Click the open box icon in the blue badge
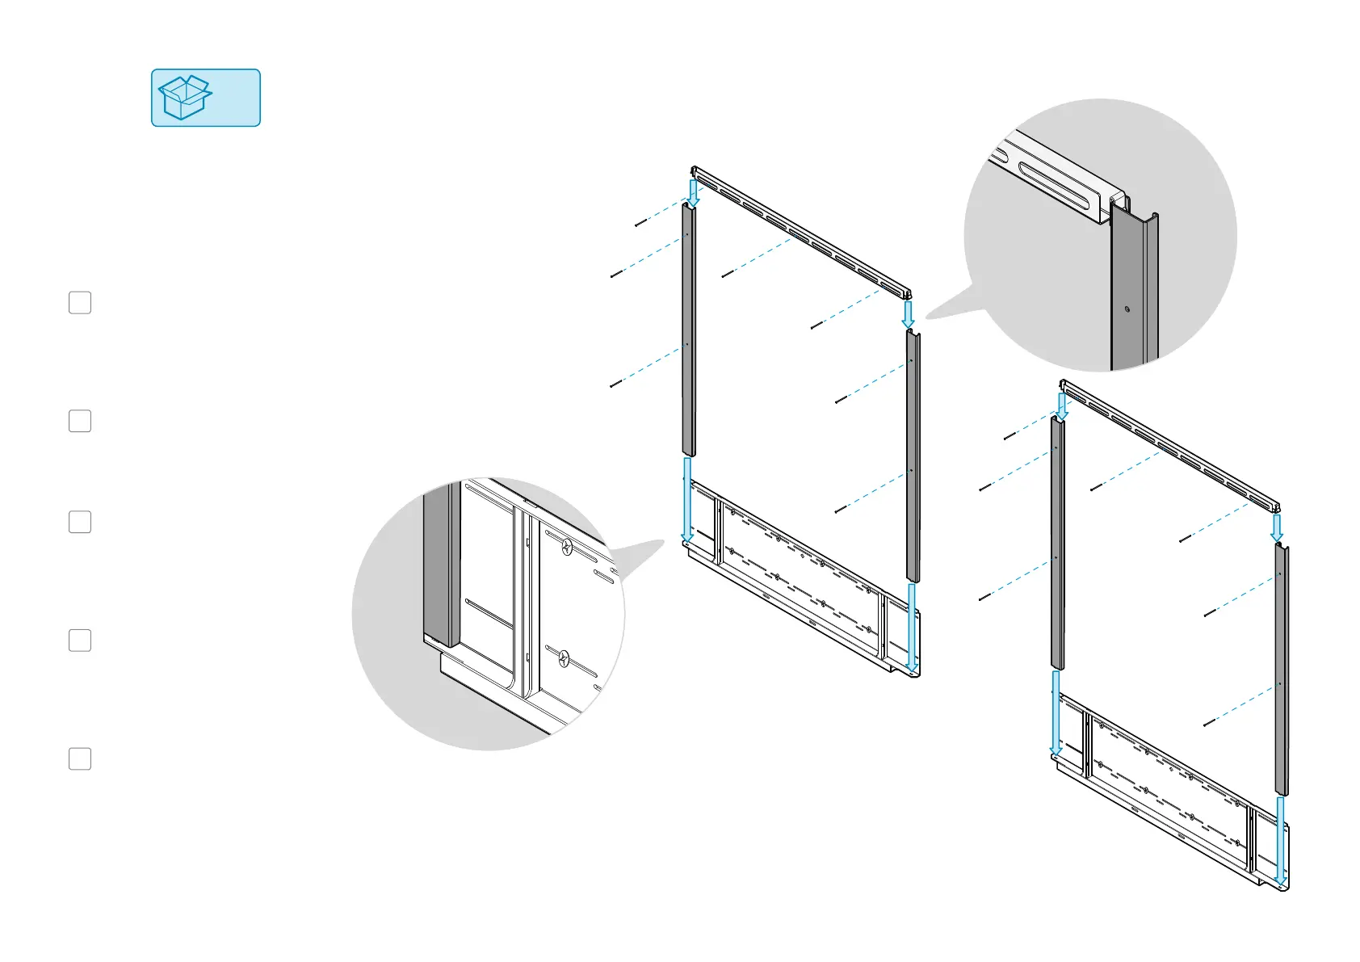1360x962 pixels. click(x=185, y=98)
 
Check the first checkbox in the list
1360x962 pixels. click(x=80, y=303)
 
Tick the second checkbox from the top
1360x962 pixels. click(x=80, y=421)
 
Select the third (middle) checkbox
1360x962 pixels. click(x=80, y=522)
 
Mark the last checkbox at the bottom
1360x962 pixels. click(x=80, y=758)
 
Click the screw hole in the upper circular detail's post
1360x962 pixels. click(x=1127, y=309)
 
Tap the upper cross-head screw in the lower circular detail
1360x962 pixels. click(x=567, y=547)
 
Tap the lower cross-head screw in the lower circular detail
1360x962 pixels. click(x=564, y=659)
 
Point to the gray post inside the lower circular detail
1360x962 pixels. click(x=440, y=565)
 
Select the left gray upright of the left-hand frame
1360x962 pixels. click(x=688, y=331)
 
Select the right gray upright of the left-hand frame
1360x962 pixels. click(x=913, y=456)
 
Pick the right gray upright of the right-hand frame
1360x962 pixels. click(x=1282, y=670)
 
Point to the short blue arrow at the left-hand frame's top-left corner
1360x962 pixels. click(x=693, y=191)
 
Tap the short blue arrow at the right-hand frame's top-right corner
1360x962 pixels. click(x=1277, y=527)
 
